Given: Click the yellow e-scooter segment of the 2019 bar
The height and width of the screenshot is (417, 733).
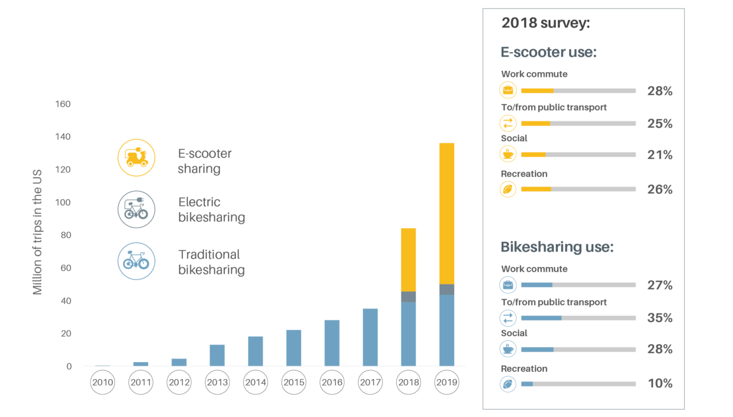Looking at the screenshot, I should (x=446, y=213).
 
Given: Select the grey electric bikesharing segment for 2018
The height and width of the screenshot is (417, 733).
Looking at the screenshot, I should (x=408, y=296).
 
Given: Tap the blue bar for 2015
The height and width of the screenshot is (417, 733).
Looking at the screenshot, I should (x=294, y=348).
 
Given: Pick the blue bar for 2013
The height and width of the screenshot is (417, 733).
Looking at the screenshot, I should (x=217, y=355).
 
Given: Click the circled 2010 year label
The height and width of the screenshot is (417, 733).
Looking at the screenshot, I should (x=103, y=383).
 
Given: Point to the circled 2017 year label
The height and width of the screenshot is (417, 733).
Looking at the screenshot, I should (x=370, y=383).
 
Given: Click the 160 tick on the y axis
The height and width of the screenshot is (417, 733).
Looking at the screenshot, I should (x=62, y=104).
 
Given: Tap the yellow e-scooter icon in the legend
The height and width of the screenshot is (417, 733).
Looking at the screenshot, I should (x=136, y=157).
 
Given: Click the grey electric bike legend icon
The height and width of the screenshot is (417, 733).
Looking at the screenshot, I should (x=136, y=209).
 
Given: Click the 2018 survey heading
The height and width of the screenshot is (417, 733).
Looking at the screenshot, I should (x=546, y=23).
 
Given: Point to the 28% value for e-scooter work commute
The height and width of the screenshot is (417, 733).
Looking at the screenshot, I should (x=660, y=91).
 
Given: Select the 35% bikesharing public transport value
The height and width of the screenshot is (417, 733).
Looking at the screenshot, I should (x=660, y=318).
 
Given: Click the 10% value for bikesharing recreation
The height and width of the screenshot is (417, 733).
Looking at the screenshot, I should (x=660, y=384).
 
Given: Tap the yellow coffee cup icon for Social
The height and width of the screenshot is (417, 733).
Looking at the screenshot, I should (x=508, y=154).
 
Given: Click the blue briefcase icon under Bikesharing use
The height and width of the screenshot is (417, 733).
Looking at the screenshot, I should (x=508, y=285).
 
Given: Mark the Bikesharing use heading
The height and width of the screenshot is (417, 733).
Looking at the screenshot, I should (x=557, y=247).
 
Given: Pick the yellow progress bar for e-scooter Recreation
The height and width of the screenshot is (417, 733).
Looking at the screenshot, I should (x=536, y=189).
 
